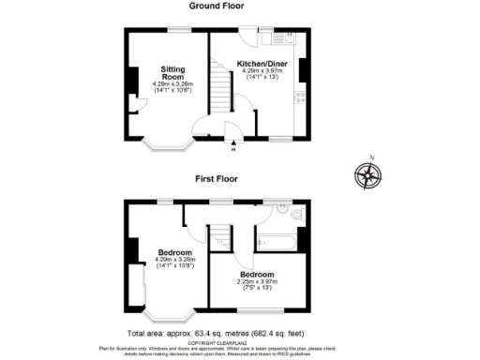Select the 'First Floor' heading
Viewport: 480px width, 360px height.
pos(217,178)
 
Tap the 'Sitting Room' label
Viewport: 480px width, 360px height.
pos(172,74)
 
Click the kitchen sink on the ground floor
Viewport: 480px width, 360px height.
pos(282,39)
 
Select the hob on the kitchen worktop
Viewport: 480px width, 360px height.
pos(301,97)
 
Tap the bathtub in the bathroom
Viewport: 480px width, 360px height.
pos(276,242)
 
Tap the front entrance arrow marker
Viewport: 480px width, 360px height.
pos(233,144)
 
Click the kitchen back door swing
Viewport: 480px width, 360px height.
pos(247,39)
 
